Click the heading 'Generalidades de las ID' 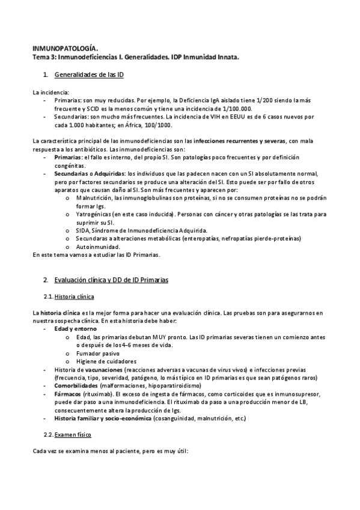pos(88,74)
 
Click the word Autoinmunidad pos(98,246)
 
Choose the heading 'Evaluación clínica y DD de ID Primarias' pos(111,280)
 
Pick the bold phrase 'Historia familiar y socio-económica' pos(103,417)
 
